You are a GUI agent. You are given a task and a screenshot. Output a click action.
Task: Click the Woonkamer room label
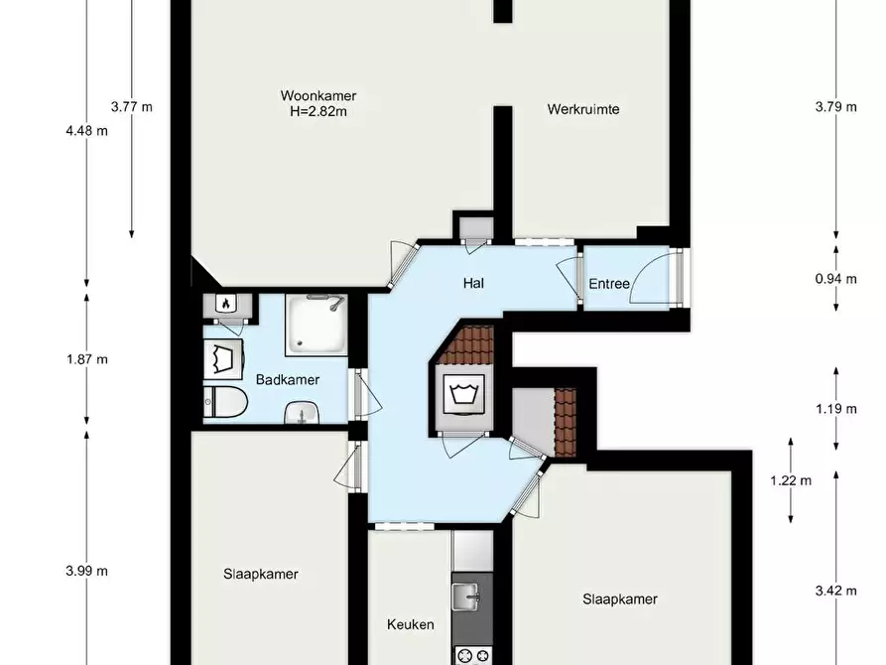coord(318,95)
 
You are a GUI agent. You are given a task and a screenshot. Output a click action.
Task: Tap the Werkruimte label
coord(583,109)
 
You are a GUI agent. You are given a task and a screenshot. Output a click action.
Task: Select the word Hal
coord(473,283)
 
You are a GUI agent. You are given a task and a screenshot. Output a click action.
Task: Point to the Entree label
coord(609,284)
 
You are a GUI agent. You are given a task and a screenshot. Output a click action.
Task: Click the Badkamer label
coord(288,379)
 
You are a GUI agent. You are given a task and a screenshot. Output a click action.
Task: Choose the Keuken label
coord(411,625)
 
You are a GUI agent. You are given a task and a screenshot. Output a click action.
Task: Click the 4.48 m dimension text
coord(87,131)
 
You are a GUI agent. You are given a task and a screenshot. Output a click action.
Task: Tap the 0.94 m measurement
coord(836,279)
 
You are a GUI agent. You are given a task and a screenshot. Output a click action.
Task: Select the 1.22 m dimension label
coord(791,480)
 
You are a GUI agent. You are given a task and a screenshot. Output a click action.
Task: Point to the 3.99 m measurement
coord(87,571)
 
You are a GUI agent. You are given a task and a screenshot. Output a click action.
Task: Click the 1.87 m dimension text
coord(87,359)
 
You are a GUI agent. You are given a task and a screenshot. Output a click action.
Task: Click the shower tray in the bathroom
coord(316,325)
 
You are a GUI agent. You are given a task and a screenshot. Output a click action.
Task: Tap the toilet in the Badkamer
coord(225,402)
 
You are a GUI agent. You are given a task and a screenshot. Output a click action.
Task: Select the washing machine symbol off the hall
coord(464,395)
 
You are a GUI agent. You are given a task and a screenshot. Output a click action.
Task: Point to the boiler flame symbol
coord(225,304)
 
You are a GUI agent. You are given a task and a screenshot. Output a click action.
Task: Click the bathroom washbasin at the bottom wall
coord(302,413)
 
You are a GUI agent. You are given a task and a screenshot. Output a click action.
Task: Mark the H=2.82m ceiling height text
coord(318,111)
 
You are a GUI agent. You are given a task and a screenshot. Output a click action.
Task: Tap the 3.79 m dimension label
coord(836,107)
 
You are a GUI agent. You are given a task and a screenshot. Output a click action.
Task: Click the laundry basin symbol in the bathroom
coord(223,359)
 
